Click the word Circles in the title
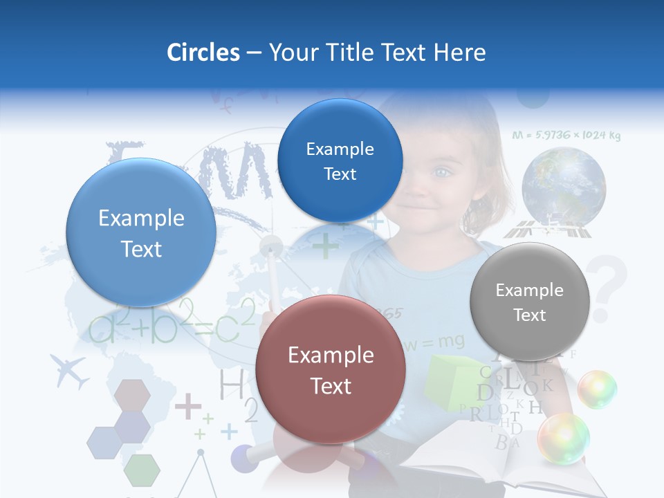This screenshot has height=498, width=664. click(203, 53)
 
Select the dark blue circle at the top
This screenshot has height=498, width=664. click(340, 160)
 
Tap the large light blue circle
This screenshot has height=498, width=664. click(141, 232)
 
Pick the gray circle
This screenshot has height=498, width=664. click(529, 302)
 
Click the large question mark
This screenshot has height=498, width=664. click(607, 287)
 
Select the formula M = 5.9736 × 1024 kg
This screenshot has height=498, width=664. click(566, 136)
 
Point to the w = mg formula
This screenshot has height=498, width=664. click(434, 341)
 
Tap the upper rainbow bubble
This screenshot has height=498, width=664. click(597, 389)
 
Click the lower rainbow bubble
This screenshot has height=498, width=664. click(564, 439)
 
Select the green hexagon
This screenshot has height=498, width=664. click(142, 470)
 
